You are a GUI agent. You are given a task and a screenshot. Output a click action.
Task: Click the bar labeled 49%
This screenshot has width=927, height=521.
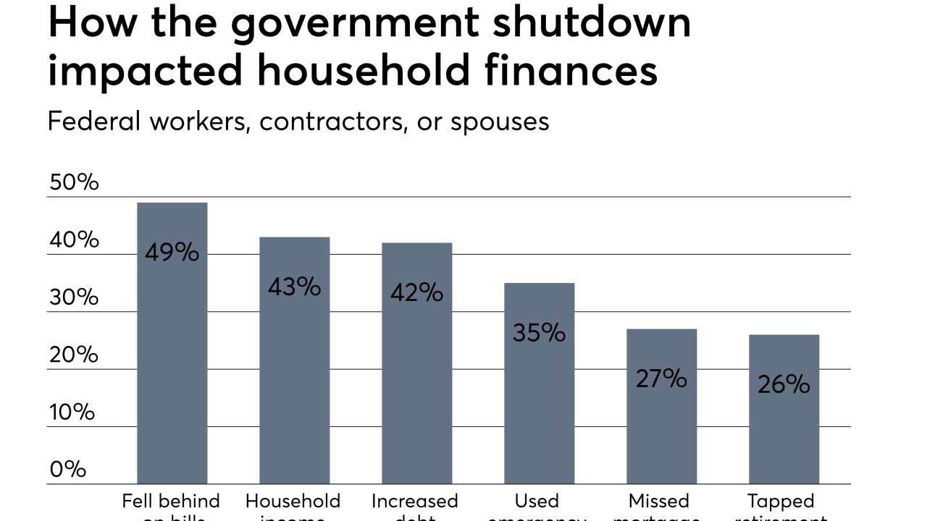[172, 343]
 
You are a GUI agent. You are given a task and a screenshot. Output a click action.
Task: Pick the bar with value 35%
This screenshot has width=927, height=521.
[539, 383]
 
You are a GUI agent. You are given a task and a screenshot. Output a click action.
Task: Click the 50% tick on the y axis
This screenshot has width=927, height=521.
[73, 182]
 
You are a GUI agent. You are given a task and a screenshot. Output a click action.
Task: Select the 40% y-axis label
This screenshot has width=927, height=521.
[73, 240]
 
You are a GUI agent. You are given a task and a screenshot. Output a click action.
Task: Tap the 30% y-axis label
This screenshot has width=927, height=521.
[73, 297]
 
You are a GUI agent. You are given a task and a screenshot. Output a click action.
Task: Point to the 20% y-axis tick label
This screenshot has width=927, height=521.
[73, 355]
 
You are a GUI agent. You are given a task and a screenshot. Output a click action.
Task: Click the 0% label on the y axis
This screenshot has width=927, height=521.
[67, 470]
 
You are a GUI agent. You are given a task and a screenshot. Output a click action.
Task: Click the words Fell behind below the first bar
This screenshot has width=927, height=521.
[171, 501]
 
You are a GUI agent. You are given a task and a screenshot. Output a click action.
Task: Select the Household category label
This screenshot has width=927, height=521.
[293, 501]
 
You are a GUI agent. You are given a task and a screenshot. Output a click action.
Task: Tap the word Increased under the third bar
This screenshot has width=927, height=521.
[415, 501]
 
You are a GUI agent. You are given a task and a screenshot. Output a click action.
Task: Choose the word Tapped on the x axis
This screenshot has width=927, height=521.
[781, 501]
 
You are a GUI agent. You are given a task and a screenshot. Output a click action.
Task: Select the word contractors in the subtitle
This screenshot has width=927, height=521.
[334, 122]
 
